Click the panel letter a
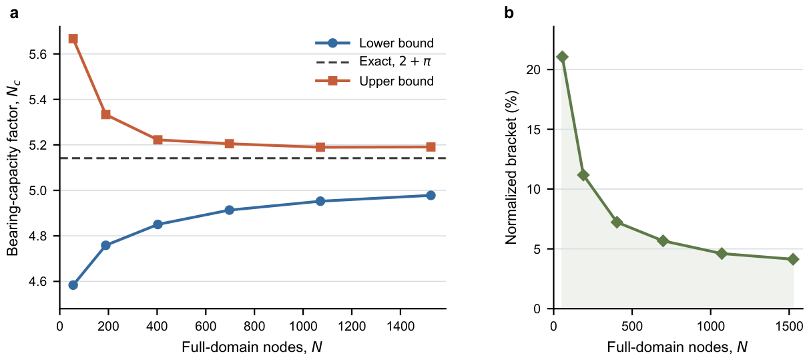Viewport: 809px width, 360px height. (14, 14)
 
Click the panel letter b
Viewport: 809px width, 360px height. (509, 13)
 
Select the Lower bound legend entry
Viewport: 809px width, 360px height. (374, 43)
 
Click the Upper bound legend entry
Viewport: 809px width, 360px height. (374, 81)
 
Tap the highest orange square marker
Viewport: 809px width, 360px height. (73, 39)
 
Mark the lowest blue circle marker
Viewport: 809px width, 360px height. (73, 285)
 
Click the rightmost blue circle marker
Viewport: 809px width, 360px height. (431, 195)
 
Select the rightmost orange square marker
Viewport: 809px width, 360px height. (431, 147)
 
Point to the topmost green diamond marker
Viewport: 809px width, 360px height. (562, 57)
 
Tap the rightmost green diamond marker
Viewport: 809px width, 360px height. (793, 259)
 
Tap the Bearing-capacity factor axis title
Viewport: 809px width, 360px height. (13, 168)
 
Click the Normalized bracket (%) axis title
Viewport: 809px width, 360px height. (511, 168)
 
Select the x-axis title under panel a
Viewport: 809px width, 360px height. (252, 347)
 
